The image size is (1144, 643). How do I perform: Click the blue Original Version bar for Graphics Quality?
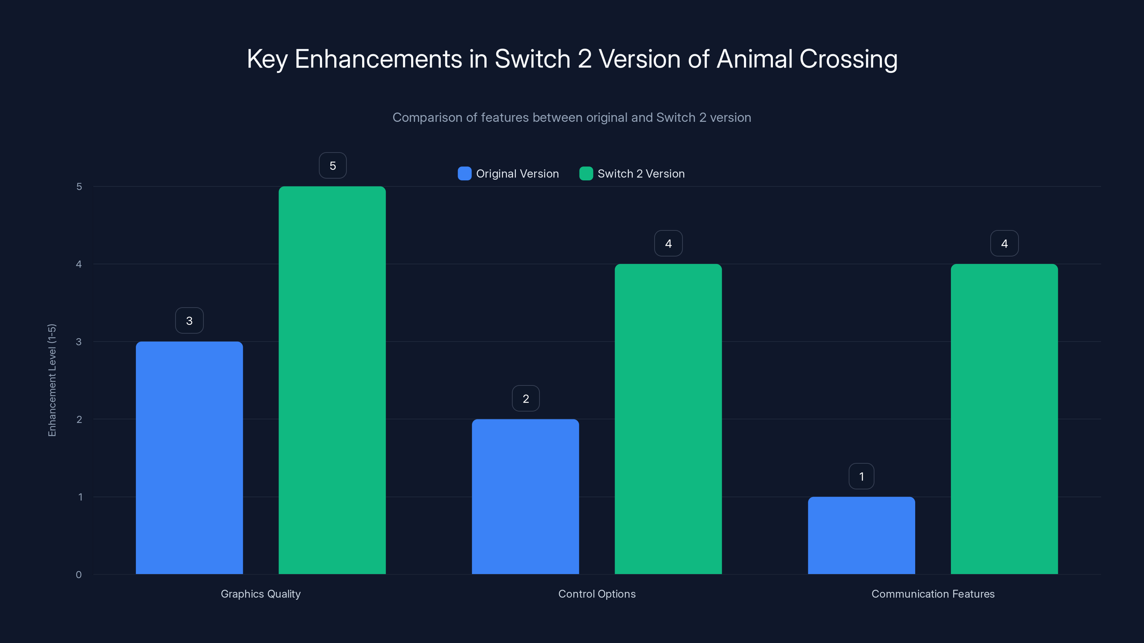pos(189,458)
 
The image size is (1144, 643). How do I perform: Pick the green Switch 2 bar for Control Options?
pos(668,419)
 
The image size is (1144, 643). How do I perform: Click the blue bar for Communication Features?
pos(861,535)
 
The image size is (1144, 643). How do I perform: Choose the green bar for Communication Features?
pos(1004,419)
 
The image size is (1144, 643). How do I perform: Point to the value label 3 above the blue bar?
pos(189,321)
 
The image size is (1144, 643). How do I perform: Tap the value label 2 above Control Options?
pos(526,399)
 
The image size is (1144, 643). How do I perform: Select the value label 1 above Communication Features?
pos(862,477)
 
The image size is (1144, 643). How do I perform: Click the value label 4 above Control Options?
pos(669,244)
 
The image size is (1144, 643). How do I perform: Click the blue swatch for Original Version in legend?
pos(464,174)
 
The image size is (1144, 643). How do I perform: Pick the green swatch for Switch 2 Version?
pos(586,174)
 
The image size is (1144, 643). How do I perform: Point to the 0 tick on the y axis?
pos(79,575)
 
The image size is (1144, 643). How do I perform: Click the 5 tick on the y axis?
pos(79,187)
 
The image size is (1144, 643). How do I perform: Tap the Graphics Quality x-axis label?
pos(261,594)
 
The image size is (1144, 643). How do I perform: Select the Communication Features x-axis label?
pos(933,594)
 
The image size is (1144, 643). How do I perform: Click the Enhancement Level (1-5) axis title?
pos(52,380)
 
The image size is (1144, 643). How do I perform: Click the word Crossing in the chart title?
pos(848,59)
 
